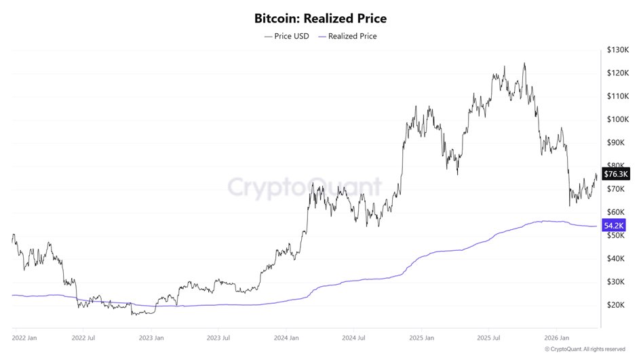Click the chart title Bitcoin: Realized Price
(320, 18)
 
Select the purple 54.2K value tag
(614, 225)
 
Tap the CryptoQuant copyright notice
(584, 348)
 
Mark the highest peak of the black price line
(524, 64)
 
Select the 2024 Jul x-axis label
(353, 337)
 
